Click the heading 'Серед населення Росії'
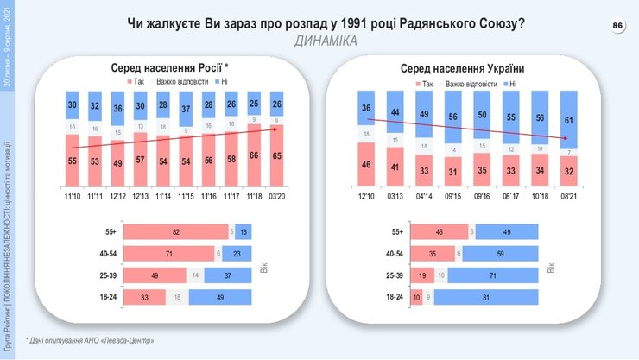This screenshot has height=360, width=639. (x=168, y=68)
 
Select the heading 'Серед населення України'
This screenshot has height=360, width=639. (x=463, y=68)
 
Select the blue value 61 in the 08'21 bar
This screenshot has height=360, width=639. (x=566, y=121)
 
